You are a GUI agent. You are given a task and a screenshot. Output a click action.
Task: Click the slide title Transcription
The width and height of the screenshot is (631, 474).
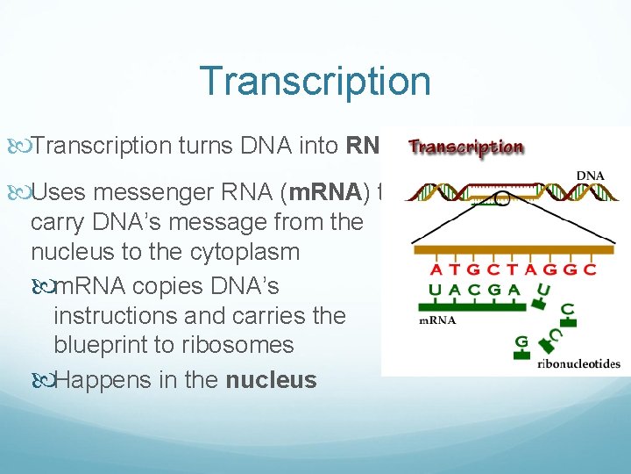(x=315, y=82)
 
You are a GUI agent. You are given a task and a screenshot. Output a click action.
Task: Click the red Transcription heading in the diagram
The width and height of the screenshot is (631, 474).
(x=465, y=147)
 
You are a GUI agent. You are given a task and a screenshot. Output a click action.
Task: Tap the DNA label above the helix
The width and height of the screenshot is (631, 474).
(x=590, y=176)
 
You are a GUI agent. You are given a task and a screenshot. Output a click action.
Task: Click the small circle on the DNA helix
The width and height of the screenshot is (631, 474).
(x=501, y=199)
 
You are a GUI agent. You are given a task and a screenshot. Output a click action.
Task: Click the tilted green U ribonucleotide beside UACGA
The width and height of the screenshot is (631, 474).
(x=545, y=291)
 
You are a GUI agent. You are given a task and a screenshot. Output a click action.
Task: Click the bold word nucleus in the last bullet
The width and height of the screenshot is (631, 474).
(x=271, y=380)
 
